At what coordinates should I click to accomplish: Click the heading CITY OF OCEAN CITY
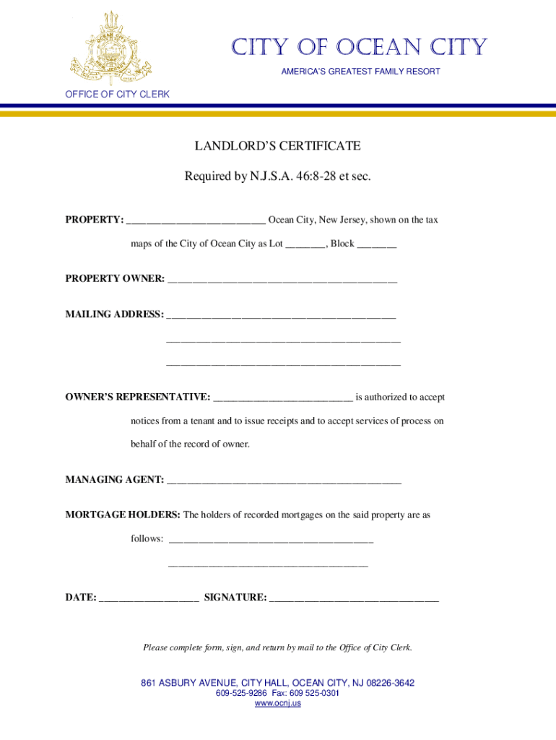(x=358, y=48)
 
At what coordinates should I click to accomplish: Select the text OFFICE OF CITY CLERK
(x=117, y=95)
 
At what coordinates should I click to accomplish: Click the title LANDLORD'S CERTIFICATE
(x=277, y=147)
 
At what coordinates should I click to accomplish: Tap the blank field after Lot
(x=305, y=245)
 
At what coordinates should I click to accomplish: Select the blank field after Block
(x=376, y=245)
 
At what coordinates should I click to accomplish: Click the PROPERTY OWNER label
(x=115, y=278)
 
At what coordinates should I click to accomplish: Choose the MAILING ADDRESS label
(x=114, y=314)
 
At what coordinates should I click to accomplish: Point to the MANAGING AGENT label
(x=114, y=480)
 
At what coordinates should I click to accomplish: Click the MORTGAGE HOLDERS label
(x=123, y=515)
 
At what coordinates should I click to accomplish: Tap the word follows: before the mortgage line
(x=147, y=539)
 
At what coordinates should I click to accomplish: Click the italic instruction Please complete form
(x=277, y=647)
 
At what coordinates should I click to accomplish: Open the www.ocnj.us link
(x=277, y=703)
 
